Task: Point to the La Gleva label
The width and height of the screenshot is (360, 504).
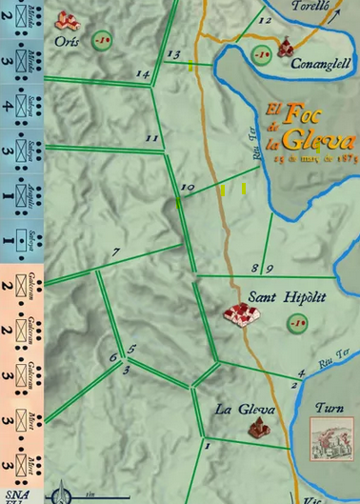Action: coord(245,411)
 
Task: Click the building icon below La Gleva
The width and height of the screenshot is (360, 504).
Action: coord(255,430)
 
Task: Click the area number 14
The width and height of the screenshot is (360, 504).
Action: coord(144,74)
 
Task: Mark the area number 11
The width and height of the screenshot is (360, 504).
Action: coord(151,139)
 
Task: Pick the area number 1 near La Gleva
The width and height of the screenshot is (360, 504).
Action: coord(207,445)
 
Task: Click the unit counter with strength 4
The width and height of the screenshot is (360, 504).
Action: coord(22,108)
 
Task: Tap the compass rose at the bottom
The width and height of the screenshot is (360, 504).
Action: coord(64,494)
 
